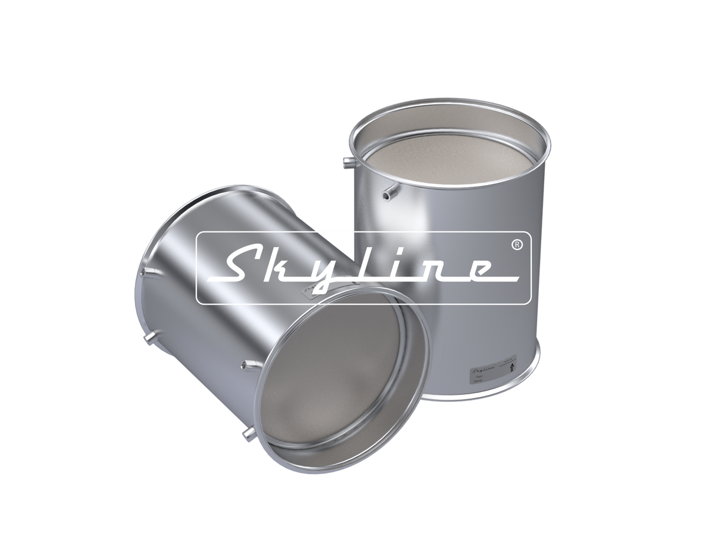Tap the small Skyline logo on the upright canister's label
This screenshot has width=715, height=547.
[x=482, y=368]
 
